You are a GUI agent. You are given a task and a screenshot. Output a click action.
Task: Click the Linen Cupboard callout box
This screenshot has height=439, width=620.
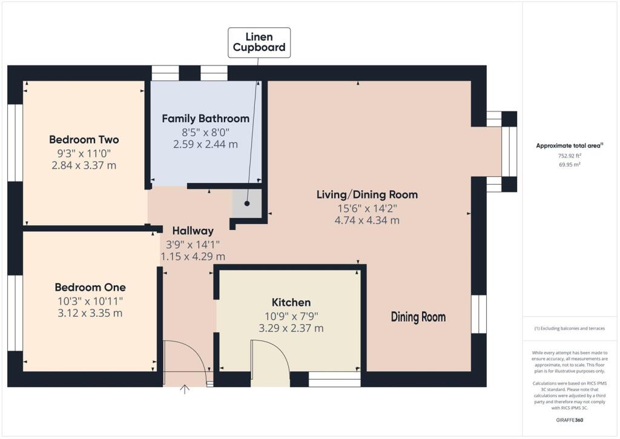click(x=259, y=42)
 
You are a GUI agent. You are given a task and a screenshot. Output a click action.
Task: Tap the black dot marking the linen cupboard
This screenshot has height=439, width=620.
click(x=247, y=204)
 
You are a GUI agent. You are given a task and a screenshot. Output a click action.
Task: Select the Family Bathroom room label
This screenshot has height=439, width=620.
click(x=205, y=119)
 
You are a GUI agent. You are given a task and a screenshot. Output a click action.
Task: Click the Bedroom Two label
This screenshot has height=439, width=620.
click(x=84, y=139)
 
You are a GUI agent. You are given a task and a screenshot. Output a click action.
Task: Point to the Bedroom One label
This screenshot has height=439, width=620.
click(x=90, y=287)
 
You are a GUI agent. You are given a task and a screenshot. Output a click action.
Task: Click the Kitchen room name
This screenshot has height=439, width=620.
click(x=291, y=302)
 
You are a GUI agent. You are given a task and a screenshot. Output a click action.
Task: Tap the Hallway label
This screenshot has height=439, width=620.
click(x=193, y=231)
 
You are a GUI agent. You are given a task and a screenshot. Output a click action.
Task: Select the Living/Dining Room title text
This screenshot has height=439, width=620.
click(x=367, y=195)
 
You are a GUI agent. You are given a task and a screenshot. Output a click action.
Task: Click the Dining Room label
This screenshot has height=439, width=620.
click(x=418, y=317)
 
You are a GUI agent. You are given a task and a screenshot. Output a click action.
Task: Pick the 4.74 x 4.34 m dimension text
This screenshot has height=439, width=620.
click(x=367, y=220)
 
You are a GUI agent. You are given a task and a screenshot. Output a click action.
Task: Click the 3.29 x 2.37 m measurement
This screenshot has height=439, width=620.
click(x=291, y=328)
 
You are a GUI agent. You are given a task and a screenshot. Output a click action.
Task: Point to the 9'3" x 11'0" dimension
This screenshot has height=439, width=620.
click(x=84, y=153)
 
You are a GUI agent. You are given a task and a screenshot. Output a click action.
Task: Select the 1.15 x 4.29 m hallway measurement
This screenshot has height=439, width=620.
click(x=193, y=257)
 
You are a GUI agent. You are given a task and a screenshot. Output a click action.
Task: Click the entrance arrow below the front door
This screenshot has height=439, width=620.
click(x=184, y=389)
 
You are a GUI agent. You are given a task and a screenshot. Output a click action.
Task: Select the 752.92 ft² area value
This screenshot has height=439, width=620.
click(x=569, y=156)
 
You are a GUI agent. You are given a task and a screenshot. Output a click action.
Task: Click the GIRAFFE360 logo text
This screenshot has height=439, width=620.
click(x=569, y=420)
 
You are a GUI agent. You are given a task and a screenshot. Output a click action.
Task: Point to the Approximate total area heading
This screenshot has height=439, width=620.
click(x=569, y=145)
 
